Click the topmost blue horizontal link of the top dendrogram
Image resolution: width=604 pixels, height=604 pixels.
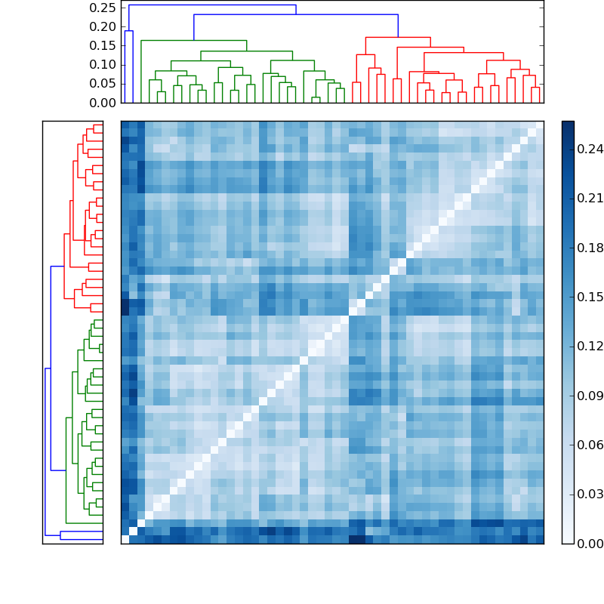212,5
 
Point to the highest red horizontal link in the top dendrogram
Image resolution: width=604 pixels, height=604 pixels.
398,37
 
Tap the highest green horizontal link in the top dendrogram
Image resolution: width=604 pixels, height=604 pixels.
193,40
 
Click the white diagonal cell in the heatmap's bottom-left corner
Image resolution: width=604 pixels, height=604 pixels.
125,539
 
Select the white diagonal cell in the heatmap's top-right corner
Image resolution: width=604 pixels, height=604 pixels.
539,125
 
